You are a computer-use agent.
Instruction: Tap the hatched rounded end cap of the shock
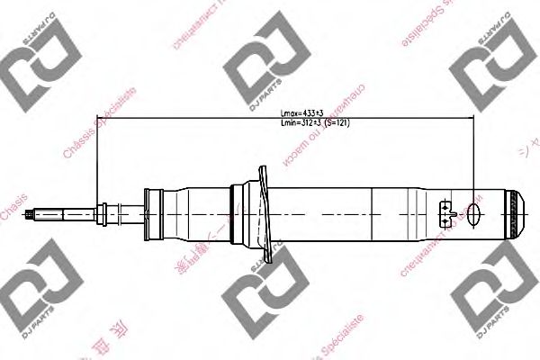pyautogui.click(x=516, y=214)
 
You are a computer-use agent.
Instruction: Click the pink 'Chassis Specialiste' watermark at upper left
pyautogui.click(x=99, y=126)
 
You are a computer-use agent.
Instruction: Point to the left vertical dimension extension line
pyautogui.click(x=95, y=162)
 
